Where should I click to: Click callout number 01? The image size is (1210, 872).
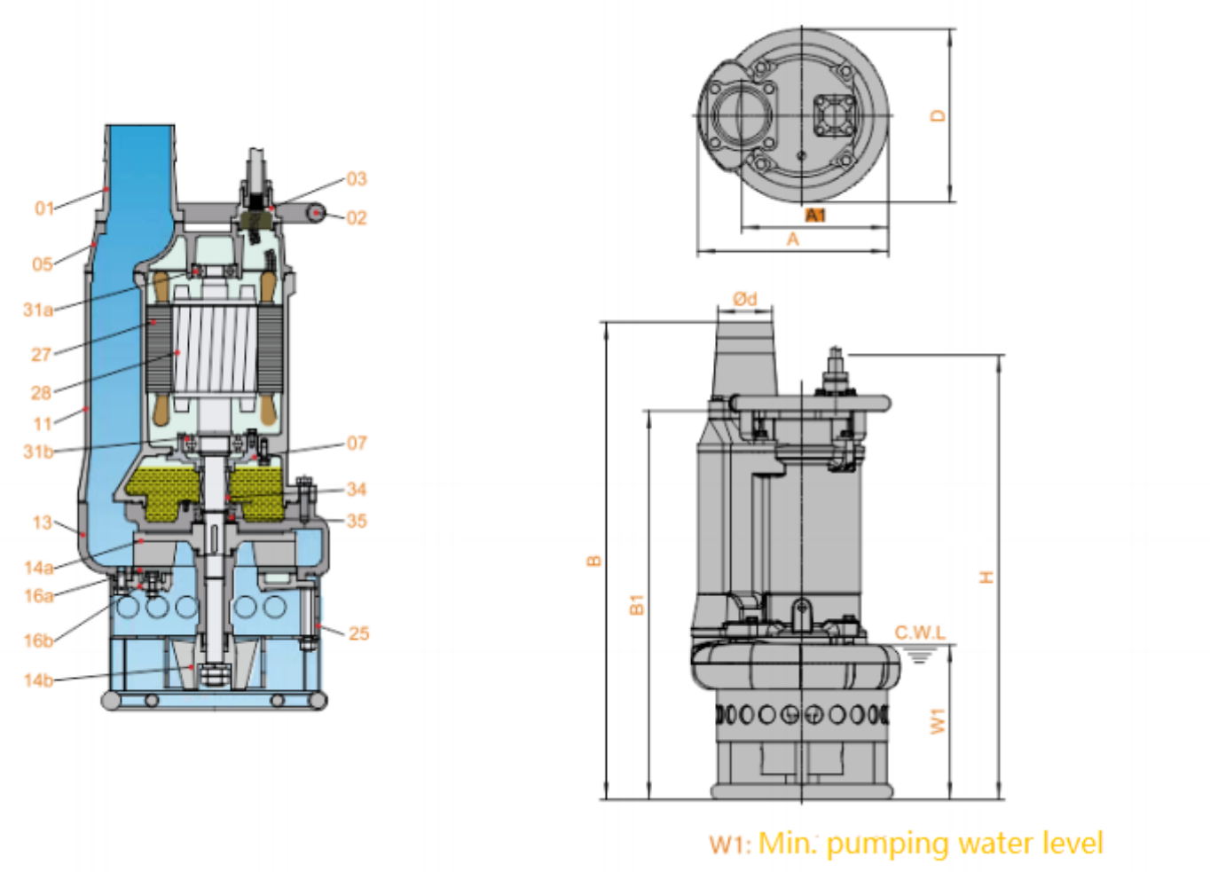[x=43, y=208]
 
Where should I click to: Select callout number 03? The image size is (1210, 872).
[x=356, y=179]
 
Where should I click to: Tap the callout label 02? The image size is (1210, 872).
[x=356, y=218]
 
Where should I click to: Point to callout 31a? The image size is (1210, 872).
[x=37, y=310]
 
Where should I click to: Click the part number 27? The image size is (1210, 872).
[x=41, y=355]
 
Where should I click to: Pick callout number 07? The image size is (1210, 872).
[x=356, y=444]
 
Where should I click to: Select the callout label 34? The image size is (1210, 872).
[x=356, y=490]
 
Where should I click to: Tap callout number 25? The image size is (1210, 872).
[x=358, y=633]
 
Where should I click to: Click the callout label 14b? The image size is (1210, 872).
[x=38, y=680]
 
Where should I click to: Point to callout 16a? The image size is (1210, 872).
[x=38, y=596]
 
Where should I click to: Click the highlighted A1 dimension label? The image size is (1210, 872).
[x=814, y=216]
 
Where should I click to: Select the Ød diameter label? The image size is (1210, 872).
[x=745, y=299]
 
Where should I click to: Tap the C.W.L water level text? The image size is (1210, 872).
[x=919, y=632]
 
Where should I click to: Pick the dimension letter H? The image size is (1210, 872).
[x=986, y=577]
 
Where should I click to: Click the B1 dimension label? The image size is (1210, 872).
[x=636, y=605]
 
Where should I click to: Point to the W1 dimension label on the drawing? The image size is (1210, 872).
[x=937, y=721]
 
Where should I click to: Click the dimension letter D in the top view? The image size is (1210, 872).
[x=938, y=116]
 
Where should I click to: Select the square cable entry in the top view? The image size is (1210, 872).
[x=834, y=116]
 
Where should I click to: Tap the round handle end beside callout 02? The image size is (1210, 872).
[x=317, y=213]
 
